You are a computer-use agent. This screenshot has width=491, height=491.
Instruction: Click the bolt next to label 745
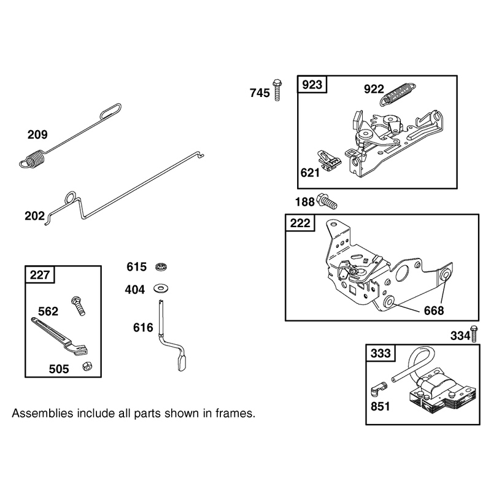pos(277,90)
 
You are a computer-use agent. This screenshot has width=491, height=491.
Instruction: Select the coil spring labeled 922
pos(398,94)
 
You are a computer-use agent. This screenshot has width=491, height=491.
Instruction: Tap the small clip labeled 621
pos(329,161)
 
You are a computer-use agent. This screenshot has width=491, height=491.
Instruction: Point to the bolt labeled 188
pos(327,201)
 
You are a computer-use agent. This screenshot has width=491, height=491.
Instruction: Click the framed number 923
pos(312,85)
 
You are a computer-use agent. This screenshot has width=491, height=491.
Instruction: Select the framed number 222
pos(300,223)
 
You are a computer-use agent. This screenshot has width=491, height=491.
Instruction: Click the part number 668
pos(434,311)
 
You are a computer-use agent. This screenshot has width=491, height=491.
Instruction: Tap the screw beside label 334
pos(474,334)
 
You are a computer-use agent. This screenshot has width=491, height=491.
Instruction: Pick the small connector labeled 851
pos(379,389)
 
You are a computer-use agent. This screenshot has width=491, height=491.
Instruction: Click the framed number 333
pos(381,354)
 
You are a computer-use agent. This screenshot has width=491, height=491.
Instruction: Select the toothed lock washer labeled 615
pos(161,267)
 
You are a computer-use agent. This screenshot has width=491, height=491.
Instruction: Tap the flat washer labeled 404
pos(161,288)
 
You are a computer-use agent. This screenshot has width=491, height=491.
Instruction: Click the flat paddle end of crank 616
pos(182,363)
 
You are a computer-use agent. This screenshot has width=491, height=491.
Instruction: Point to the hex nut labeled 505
pos(87,366)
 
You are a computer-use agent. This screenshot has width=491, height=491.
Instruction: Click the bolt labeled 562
pos(79,306)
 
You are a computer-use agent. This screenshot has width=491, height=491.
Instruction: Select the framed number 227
pos(40,275)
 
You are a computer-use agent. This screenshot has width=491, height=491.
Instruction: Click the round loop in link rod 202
pos(70,198)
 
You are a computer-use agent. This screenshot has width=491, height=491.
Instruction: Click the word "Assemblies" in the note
pos(42,413)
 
